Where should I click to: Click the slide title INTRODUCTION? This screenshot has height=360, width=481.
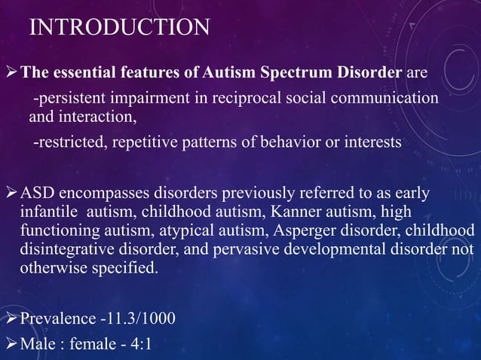point(120,28)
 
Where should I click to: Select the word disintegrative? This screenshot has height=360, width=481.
point(71,249)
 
